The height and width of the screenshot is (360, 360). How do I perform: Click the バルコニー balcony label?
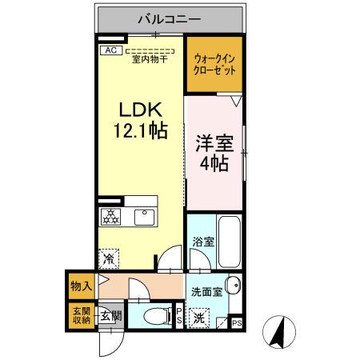click(170, 18)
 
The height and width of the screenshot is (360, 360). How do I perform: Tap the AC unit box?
click(110, 50)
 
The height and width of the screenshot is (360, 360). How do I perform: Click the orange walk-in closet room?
click(214, 65)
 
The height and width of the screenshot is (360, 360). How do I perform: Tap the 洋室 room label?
click(213, 145)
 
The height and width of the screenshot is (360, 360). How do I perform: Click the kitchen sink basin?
click(145, 216)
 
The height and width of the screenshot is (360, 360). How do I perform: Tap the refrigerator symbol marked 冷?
click(110, 258)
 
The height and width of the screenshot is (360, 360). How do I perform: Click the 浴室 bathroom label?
click(202, 242)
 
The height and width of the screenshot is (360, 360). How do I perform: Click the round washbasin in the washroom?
click(233, 287)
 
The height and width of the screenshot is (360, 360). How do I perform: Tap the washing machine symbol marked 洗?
click(199, 318)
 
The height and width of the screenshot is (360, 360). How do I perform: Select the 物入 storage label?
click(80, 283)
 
